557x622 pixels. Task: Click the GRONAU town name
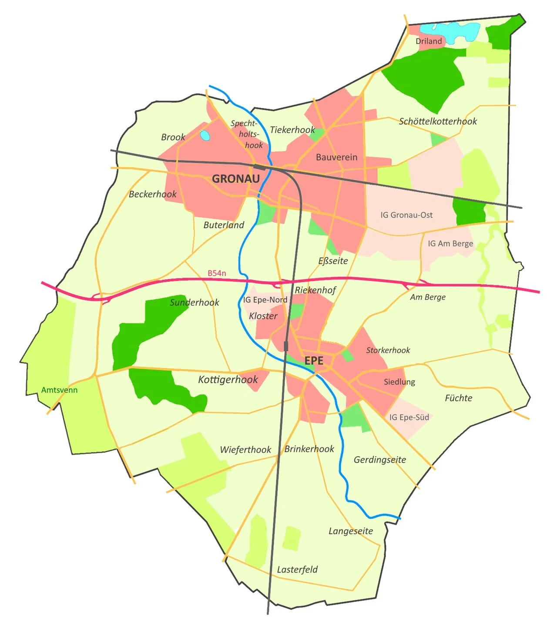tap(235, 178)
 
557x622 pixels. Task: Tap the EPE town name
tap(314, 360)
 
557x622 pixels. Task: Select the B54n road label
tap(217, 273)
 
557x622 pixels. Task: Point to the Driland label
tap(429, 41)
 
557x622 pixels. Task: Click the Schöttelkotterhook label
tap(438, 121)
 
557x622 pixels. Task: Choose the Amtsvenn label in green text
tap(59, 390)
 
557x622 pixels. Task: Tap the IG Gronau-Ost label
tap(406, 215)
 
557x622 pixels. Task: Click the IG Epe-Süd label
tap(409, 417)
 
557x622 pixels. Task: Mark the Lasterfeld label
tap(297, 569)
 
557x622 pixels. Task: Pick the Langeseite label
tap(351, 531)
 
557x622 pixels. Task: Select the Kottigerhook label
tap(228, 380)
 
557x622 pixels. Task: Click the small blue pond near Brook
tap(205, 135)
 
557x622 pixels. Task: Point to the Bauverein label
tap(336, 157)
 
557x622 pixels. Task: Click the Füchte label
tap(458, 398)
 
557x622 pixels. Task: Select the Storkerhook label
tap(388, 350)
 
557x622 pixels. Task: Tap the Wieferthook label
tap(245, 450)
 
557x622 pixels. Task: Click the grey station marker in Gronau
tap(260, 167)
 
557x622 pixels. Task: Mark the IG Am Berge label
tap(450, 244)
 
